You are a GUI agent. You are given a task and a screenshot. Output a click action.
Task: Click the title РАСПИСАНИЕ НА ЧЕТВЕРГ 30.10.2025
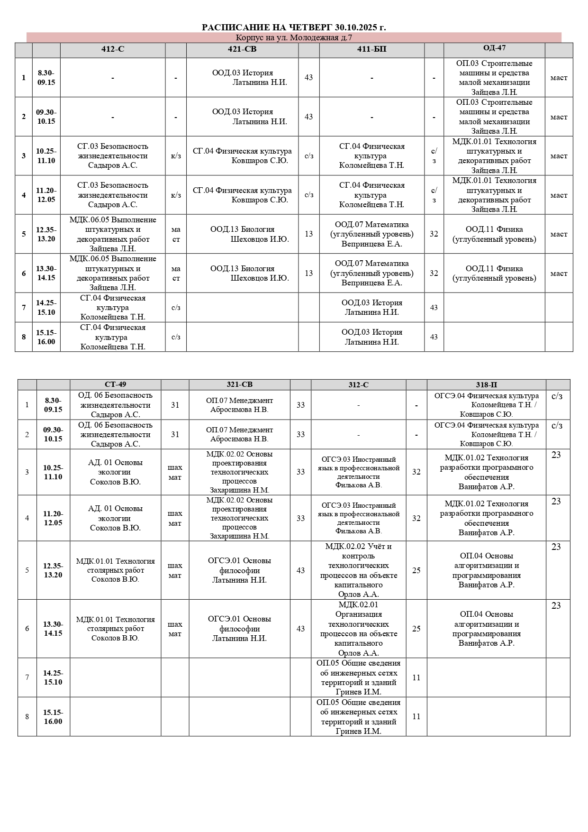point(294,27)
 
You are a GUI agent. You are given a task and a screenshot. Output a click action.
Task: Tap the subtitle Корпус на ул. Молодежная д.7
point(294,38)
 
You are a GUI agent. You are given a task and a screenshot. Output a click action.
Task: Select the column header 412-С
point(113,49)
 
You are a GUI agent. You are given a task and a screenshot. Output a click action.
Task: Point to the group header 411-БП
point(371,49)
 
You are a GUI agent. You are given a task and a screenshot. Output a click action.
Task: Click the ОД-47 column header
point(494,48)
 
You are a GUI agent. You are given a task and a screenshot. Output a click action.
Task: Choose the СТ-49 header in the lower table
point(115,384)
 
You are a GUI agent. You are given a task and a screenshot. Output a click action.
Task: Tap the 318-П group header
point(486,385)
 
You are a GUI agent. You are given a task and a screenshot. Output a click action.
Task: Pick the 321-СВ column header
point(239,384)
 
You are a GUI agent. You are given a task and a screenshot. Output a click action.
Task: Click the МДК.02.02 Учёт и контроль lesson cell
point(358,570)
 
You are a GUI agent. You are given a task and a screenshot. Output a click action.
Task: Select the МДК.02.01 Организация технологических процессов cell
point(358,629)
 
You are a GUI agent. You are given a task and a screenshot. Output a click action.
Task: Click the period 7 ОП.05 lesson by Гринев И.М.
point(358,677)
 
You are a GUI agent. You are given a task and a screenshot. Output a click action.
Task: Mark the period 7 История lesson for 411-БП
point(371,308)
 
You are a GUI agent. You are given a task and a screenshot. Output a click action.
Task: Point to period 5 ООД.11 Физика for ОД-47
point(494,234)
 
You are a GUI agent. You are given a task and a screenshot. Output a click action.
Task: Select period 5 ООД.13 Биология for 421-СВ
point(242,234)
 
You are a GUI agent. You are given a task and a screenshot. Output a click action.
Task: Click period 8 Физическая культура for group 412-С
point(113,337)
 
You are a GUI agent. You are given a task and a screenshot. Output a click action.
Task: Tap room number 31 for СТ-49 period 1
point(175,405)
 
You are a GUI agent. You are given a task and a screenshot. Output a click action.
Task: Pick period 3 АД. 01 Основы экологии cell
point(115,472)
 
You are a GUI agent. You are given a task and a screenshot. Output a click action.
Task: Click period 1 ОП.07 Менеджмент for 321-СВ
point(239,405)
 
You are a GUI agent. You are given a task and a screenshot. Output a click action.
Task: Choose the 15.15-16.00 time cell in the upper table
point(46,337)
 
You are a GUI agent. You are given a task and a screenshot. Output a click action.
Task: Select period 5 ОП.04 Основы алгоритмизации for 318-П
point(486,570)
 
